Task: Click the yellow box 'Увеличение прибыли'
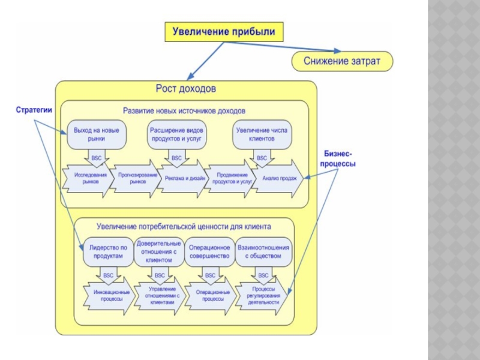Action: point(224,32)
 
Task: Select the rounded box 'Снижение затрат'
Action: point(342,61)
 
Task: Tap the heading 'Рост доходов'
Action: point(186,89)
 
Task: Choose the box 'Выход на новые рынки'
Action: point(96,134)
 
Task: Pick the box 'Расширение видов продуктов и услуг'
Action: point(176,134)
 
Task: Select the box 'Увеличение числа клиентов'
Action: point(262,134)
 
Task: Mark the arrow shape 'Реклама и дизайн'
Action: point(183,178)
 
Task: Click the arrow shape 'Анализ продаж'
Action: point(279,178)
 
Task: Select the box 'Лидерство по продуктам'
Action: point(109,251)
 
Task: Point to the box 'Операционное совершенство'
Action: point(209,251)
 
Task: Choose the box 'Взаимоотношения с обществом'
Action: point(263,251)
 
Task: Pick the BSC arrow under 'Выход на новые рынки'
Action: point(96,158)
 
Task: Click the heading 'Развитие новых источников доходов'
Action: point(184,111)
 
